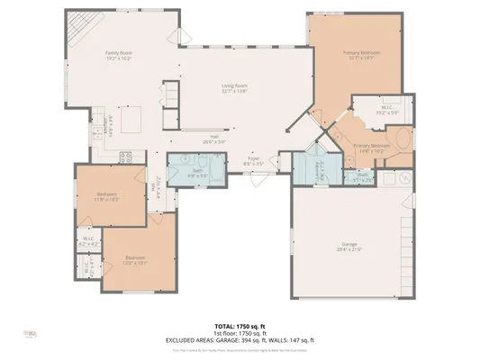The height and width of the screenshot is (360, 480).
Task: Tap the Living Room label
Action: click(236, 86)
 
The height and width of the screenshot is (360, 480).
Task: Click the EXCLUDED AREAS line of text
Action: click(240, 339)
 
